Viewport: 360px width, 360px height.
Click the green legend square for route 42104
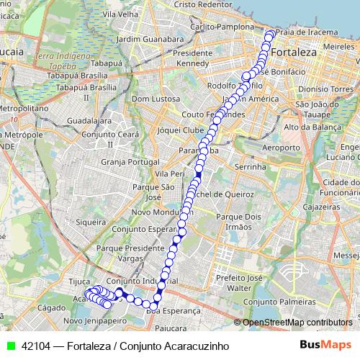(10, 346)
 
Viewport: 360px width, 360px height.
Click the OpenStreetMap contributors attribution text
(298, 323)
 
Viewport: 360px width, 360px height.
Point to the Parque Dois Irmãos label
(238, 221)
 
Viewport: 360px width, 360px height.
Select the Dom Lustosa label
(150, 98)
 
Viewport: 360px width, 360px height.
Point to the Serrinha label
(251, 166)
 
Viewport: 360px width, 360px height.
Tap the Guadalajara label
(88, 121)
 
